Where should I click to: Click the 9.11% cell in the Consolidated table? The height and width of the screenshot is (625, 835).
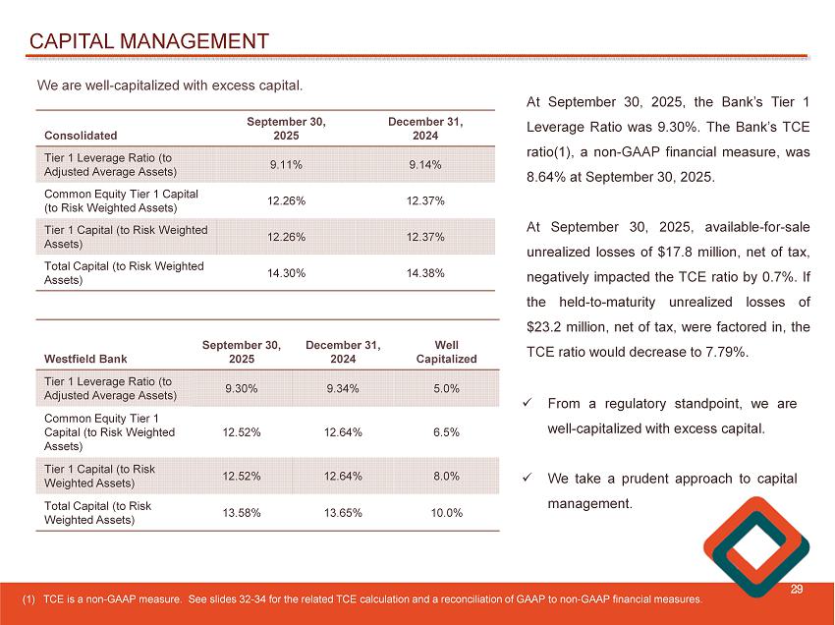286,164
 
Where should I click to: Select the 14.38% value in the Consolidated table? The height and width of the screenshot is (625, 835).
425,272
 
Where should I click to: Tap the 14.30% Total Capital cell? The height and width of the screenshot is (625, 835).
286,272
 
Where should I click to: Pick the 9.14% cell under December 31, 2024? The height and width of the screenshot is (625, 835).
425,164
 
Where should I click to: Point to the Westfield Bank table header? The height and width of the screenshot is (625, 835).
86,359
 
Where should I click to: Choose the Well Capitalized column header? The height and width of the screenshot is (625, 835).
446,352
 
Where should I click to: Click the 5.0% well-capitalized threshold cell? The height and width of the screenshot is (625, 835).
446,388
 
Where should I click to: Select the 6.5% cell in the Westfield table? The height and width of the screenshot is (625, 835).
446,432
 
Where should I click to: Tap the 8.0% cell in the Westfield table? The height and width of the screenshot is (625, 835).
446,476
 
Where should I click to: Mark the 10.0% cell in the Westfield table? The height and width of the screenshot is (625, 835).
446,512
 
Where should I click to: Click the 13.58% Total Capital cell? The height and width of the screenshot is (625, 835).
242,512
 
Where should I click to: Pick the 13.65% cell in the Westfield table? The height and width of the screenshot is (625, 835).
343,512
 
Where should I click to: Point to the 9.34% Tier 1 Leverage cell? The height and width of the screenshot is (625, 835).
343,388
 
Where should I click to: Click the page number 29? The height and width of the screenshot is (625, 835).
798,589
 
